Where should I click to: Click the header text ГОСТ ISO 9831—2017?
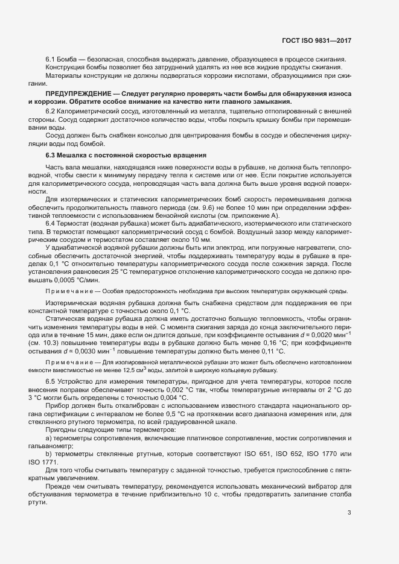[316, 40]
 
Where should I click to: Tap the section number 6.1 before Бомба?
[51, 59]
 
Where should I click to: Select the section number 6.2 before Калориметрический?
[51, 113]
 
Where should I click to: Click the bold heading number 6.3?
[51, 156]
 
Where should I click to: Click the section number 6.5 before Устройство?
[51, 382]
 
